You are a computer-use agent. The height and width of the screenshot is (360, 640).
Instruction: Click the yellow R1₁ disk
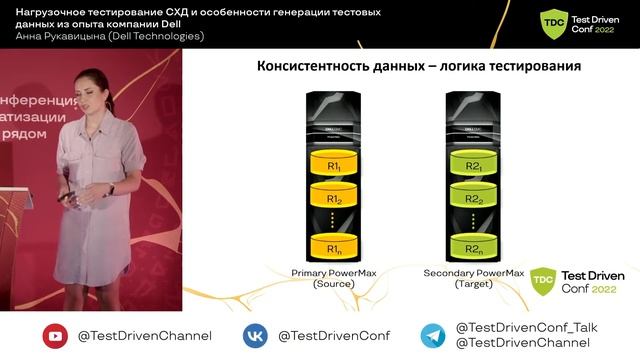pyautogui.click(x=335, y=163)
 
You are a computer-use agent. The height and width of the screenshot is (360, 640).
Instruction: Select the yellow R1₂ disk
pyautogui.click(x=335, y=200)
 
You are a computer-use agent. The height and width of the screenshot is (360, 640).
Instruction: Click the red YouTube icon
pyautogui.click(x=55, y=336)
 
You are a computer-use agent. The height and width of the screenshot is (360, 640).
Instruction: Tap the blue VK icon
pyautogui.click(x=256, y=336)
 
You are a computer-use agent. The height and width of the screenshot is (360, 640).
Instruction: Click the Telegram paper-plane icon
pyautogui.click(x=433, y=336)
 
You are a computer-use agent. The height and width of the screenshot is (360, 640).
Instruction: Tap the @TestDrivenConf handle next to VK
pyautogui.click(x=334, y=336)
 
